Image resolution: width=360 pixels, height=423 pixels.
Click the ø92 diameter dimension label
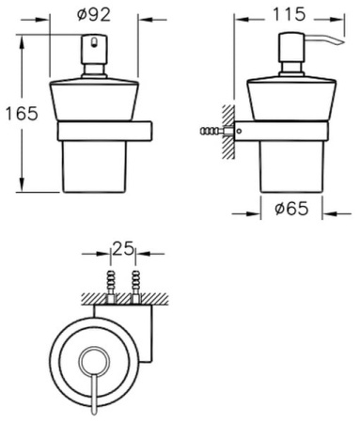pyautogui.click(x=94, y=14)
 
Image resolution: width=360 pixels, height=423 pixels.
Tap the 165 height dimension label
pyautogui.click(x=22, y=113)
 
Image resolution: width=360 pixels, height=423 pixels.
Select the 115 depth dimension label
pyautogui.click(x=289, y=14)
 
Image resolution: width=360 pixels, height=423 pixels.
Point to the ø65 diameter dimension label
pyautogui.click(x=291, y=209)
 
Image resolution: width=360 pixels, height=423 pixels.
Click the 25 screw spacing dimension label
pyautogui.click(x=123, y=248)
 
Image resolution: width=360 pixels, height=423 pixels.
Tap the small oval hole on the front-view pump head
pyautogui.click(x=94, y=42)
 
